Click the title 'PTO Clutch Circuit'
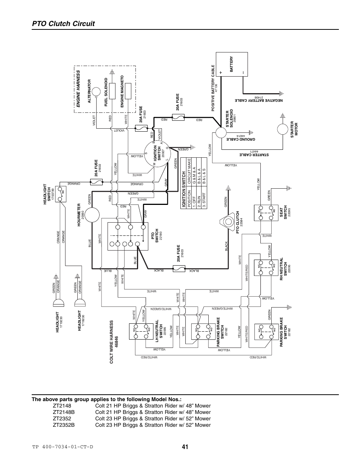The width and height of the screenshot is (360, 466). coord(62,23)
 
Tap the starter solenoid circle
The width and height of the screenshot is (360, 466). coord(221,132)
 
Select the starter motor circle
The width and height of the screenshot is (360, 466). coord(282,130)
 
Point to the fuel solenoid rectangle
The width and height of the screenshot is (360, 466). coord(112,93)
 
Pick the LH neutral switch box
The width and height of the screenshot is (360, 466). coord(141,331)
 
